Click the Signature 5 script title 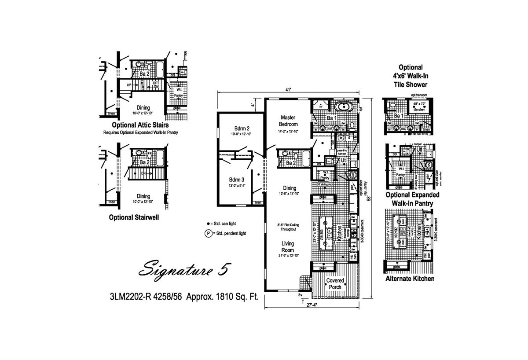coord(183,268)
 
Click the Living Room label coord(288,247)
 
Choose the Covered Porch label coord(335,284)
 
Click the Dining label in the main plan coord(290,188)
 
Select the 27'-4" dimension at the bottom coord(307,304)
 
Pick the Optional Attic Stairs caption coord(140,125)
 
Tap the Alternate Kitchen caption coord(410,279)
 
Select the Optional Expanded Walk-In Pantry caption coord(412,199)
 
